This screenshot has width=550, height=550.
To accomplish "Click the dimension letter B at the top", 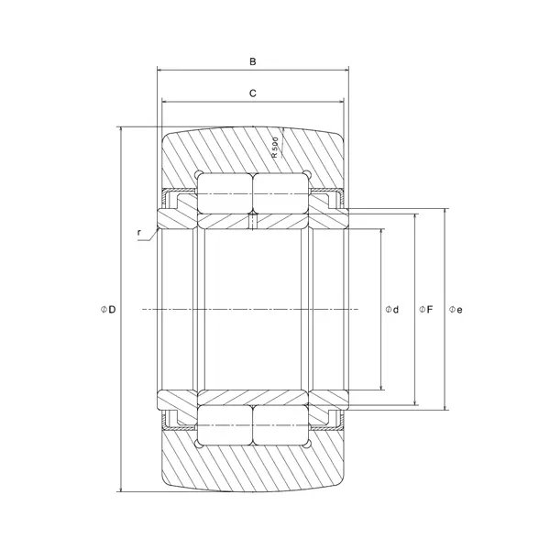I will coord(253,61).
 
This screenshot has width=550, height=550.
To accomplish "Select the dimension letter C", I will coord(252,93).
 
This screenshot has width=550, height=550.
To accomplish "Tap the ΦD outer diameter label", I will coord(108,310).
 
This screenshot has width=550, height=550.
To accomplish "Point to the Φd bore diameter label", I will coord(392,310).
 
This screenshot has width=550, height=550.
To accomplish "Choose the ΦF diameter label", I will coord(425,310).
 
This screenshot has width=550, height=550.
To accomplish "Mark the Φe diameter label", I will coord(456,310).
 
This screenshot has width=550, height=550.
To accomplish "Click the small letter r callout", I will coord(139,232).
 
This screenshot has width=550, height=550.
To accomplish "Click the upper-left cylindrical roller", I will coord(225,191).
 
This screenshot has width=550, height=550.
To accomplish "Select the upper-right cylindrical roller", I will coord(279,191).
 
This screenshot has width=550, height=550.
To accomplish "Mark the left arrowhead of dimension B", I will coord(160,70).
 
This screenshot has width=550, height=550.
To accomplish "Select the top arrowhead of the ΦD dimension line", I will coord(121,130).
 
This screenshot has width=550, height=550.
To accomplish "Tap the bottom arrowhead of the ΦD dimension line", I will coord(121,489).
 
